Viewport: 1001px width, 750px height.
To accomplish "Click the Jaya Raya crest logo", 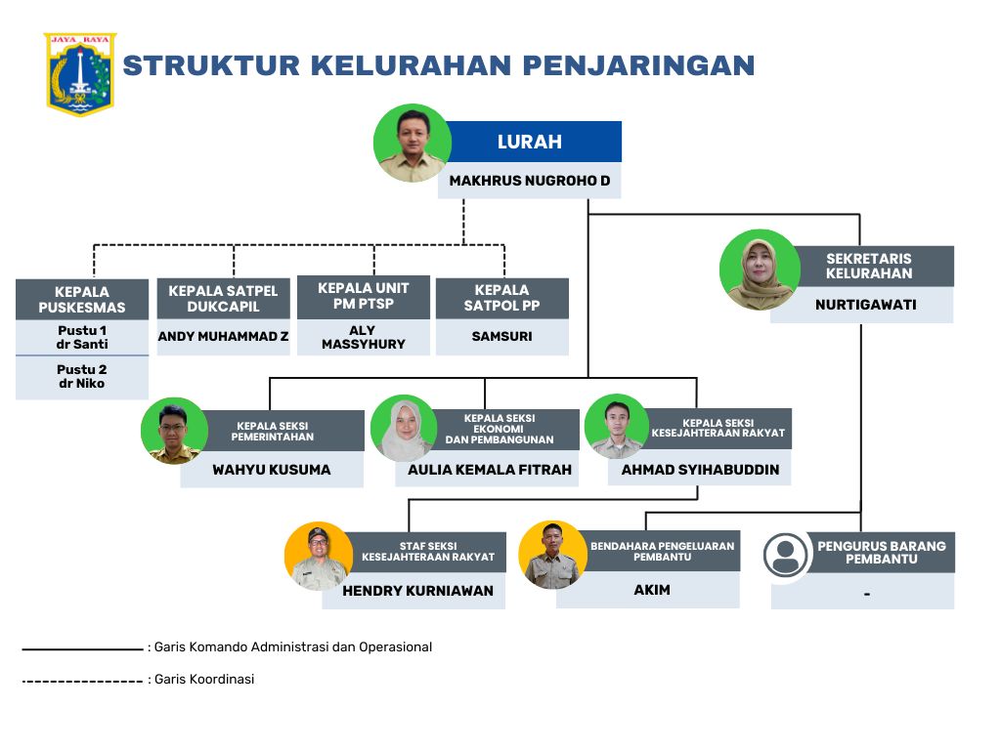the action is pos(80,74).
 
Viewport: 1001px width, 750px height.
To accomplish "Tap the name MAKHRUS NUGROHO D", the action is pos(529,181).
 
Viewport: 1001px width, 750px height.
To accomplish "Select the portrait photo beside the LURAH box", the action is pos(413,144).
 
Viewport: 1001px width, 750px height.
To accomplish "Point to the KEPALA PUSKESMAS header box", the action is pos(82,299).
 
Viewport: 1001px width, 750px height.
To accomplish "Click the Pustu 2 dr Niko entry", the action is pos(82,376).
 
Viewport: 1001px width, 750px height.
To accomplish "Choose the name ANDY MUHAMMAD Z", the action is pos(224,336).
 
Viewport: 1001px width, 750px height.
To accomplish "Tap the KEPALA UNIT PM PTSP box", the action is pos(364,297).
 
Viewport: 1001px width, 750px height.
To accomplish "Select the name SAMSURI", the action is pos(501,336).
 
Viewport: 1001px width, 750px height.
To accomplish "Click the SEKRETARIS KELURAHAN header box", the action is pos(868,266).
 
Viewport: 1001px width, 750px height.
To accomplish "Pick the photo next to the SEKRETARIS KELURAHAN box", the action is pos(760,270).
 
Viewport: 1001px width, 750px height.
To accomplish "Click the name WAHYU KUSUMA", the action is pos(272,470).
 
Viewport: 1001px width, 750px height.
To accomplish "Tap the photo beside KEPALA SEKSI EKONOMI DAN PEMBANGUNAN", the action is pos(404,428).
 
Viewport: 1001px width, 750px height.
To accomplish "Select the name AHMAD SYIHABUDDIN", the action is pos(700,470).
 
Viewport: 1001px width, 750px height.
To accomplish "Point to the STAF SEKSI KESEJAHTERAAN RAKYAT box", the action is pos(428,552).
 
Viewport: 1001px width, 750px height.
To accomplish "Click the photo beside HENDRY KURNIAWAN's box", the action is pos(319,556).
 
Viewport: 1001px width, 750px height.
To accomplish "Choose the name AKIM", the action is pos(652,590).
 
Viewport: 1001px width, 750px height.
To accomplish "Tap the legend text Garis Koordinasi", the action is pos(204,680).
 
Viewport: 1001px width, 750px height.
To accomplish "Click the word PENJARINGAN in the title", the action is pos(638,65).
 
